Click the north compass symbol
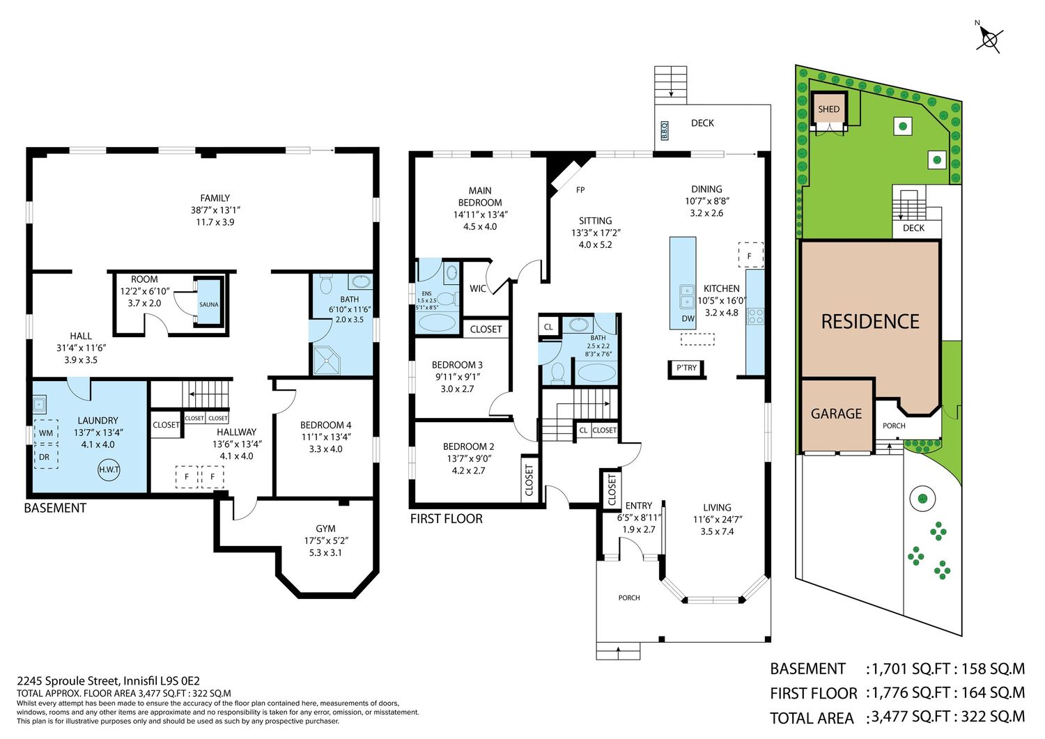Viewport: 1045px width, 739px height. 989,41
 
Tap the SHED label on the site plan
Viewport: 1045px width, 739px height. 828,109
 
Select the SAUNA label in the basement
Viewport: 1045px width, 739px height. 208,304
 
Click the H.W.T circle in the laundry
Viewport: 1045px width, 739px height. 109,470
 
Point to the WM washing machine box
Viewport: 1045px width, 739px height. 46,433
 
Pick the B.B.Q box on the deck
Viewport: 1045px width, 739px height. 665,131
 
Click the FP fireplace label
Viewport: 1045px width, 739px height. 580,190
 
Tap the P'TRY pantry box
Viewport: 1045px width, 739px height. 686,368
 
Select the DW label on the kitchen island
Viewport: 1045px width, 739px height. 688,318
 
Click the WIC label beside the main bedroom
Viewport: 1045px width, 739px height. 478,289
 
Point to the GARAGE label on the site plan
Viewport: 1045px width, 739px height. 836,414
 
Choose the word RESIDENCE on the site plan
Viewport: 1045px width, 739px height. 870,322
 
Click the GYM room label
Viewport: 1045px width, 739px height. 325,529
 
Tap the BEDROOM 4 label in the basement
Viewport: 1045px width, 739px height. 325,425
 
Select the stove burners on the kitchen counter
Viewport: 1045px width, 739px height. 755,316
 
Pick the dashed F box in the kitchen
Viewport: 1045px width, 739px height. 750,255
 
